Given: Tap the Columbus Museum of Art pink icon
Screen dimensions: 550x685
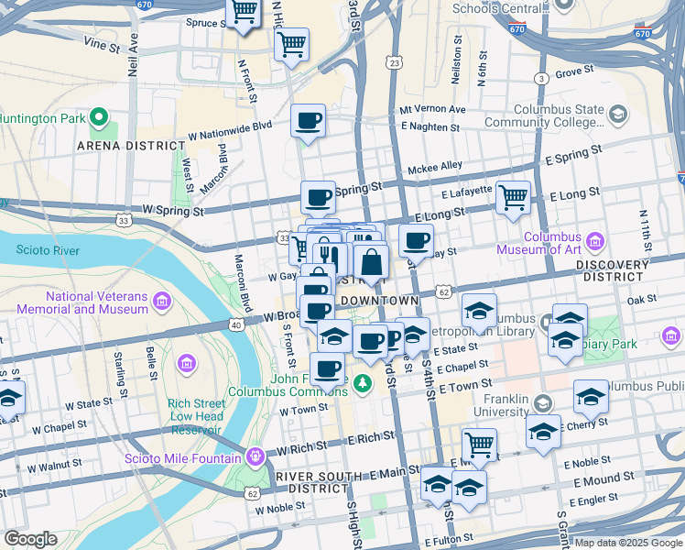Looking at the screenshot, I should (596, 242).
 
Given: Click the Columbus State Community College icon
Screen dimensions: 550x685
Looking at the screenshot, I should (618, 115).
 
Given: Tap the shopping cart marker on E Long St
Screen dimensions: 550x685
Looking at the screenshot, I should (514, 195).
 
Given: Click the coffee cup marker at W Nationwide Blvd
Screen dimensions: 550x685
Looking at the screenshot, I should (308, 119).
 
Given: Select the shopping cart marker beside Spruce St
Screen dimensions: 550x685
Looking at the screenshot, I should (244, 12).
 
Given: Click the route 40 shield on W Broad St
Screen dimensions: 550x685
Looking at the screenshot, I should (236, 324).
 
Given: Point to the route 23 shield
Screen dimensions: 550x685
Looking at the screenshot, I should (394, 62).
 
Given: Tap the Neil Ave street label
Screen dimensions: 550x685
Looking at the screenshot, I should (134, 44).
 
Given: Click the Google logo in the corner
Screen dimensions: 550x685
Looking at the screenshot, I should (30, 538).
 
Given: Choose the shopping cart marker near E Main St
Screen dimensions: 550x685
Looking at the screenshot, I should (479, 445).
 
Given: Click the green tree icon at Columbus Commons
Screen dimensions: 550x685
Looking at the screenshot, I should (364, 381).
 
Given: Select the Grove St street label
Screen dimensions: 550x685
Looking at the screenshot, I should (574, 71).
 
